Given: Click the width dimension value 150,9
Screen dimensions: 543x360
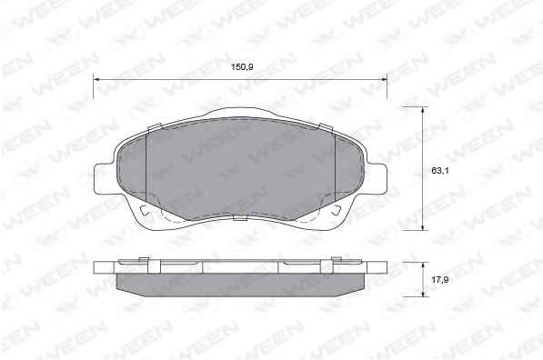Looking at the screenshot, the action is tap(242, 66).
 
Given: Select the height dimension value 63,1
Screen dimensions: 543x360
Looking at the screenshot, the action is tap(440, 170).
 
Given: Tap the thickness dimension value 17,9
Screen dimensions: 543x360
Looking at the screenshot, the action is tap(440, 279).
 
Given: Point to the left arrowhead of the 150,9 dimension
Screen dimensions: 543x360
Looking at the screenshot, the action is tap(96, 80).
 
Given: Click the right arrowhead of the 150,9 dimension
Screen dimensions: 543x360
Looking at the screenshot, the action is tap(383, 80).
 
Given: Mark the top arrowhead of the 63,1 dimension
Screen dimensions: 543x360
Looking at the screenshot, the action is tap(423, 110).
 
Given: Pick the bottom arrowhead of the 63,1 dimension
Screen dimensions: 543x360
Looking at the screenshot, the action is tap(423, 226).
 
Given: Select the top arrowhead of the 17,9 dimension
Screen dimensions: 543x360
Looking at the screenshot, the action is tap(423, 265).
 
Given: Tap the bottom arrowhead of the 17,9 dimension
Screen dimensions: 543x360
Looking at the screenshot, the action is tap(423, 293).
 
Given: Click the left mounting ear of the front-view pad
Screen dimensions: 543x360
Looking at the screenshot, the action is tap(104, 177).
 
